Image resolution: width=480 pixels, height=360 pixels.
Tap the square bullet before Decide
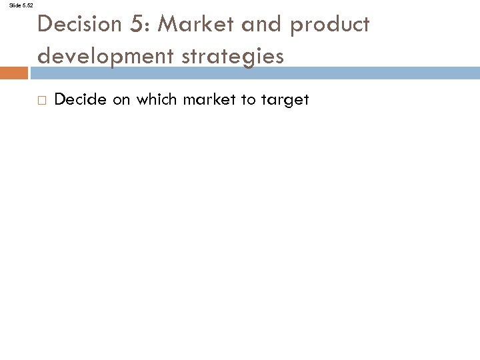pos(42,101)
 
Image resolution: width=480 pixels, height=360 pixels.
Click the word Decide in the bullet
pos(77,100)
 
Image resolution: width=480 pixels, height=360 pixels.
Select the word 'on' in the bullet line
pos(116,100)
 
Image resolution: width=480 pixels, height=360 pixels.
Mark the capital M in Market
pos(169,25)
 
